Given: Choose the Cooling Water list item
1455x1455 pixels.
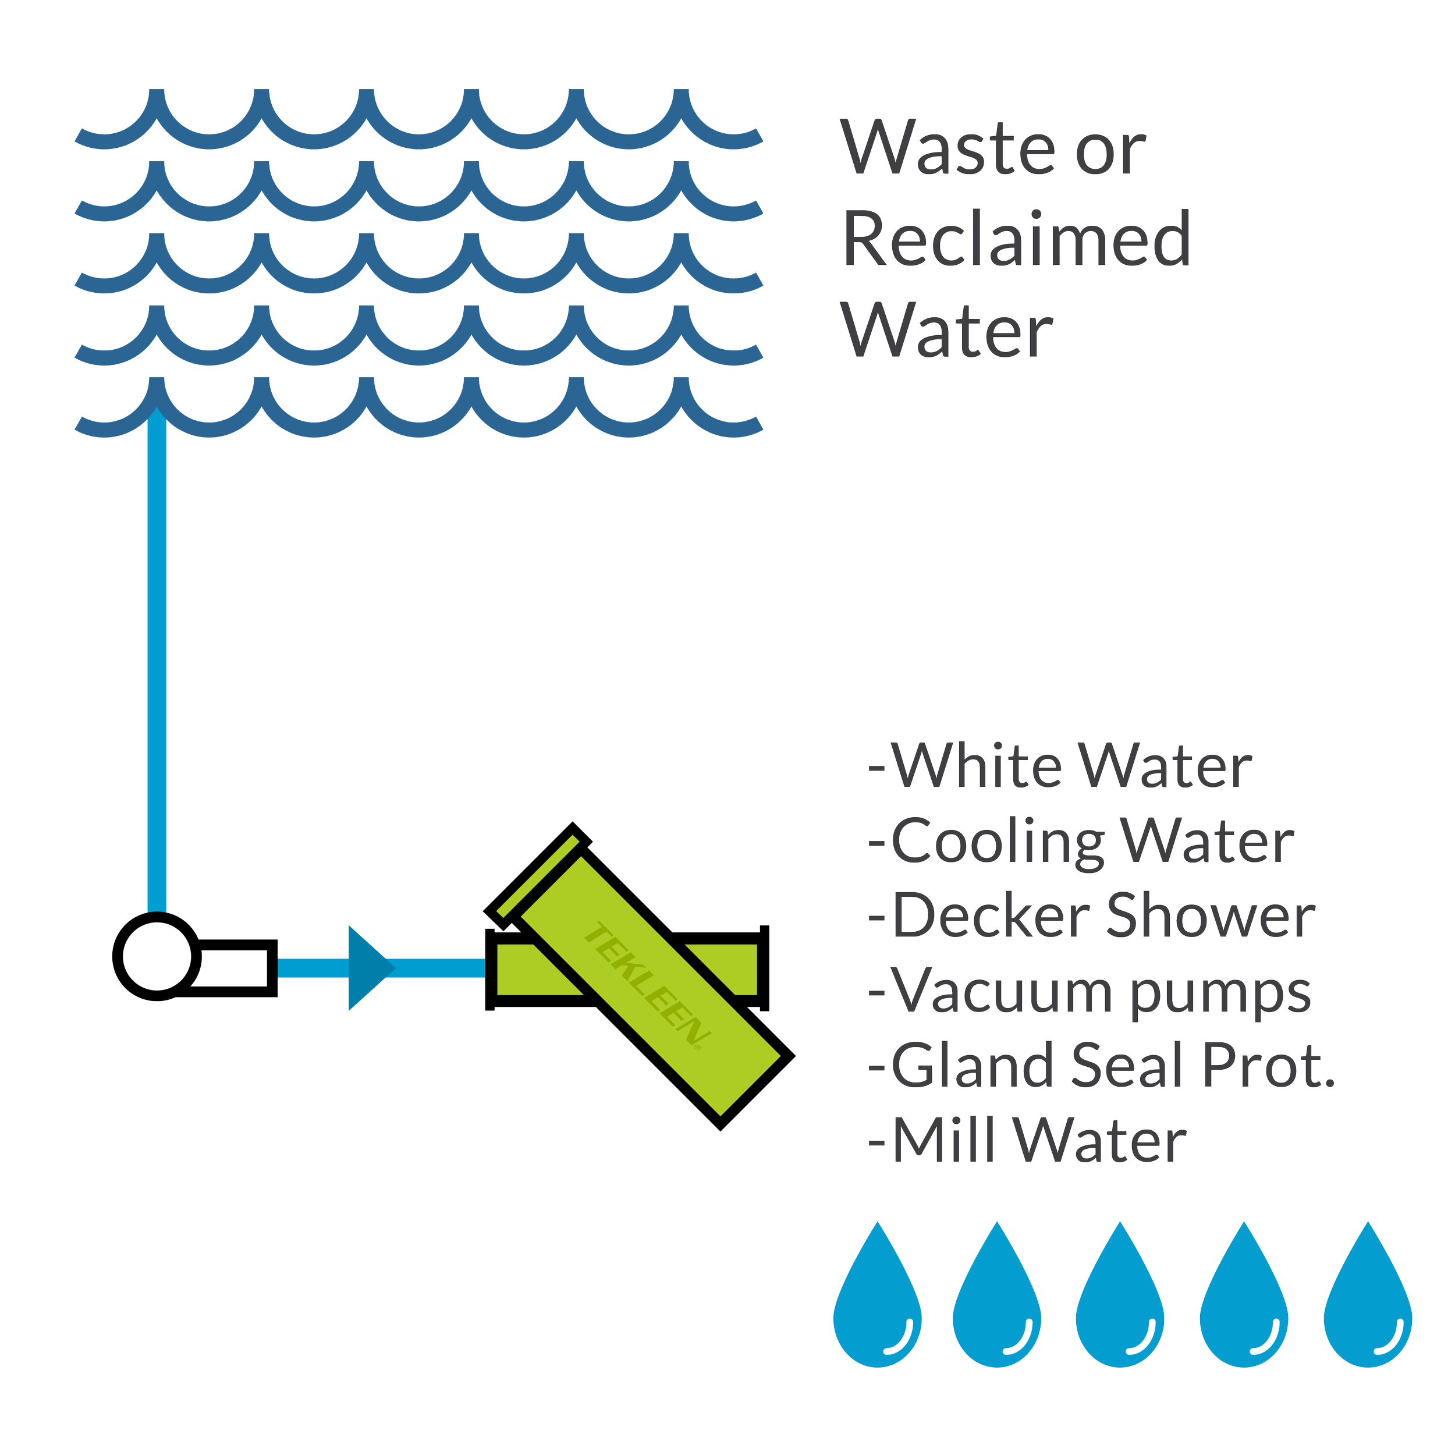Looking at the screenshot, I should point(1081,842).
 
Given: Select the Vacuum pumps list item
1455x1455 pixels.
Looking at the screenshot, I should point(1090,992).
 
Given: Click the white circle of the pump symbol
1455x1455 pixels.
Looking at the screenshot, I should point(157,956).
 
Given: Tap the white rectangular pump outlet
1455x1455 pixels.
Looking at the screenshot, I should point(235,968).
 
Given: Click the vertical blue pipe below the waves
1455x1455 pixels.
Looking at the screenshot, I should point(157,663).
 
